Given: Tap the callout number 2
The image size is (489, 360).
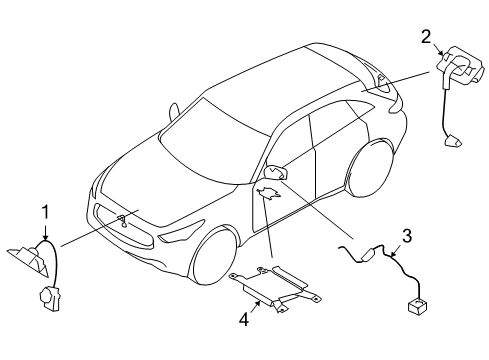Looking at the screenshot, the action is coord(425,37).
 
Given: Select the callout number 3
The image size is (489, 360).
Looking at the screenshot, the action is coord(407,237).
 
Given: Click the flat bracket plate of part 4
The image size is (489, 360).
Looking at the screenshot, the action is coord(272,284).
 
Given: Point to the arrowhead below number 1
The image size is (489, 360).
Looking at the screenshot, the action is coord(44,236).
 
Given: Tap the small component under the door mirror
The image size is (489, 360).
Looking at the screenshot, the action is coord(268,192).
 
